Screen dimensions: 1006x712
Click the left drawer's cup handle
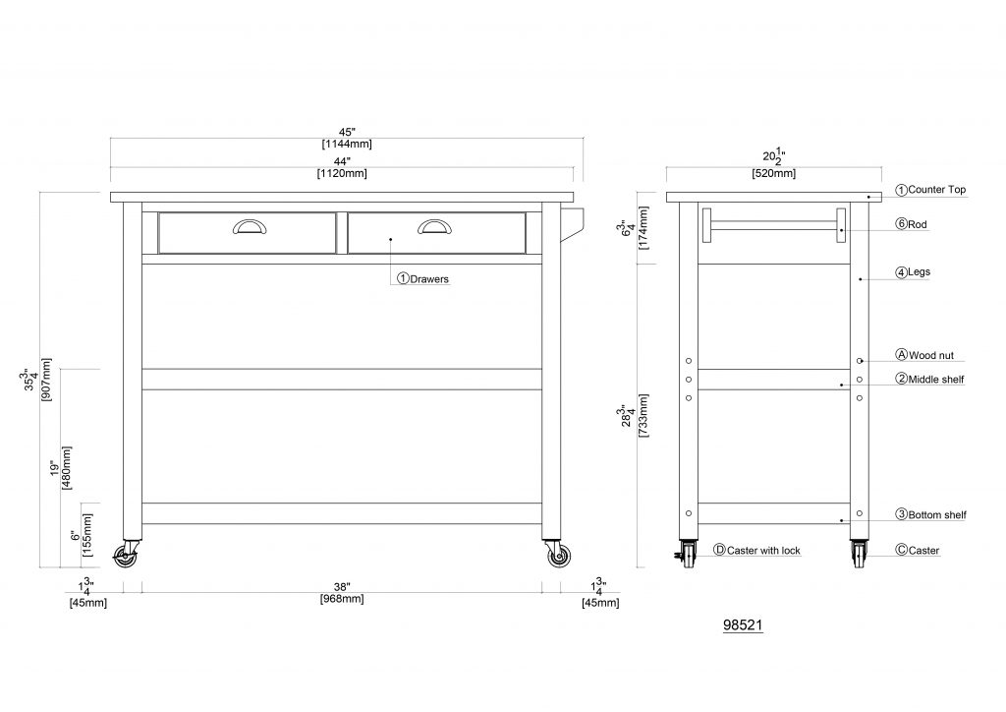250,226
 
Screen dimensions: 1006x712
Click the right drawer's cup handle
434,226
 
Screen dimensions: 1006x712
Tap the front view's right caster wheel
559,556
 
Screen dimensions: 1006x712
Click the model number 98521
743,624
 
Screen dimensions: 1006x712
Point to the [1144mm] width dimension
347,145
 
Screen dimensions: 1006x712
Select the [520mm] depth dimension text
774,173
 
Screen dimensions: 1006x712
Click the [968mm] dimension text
342,599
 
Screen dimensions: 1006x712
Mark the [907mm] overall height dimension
46,380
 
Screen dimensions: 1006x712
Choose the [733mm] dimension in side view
643,415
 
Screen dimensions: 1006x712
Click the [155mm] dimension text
87,535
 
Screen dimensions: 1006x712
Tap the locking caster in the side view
687,554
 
